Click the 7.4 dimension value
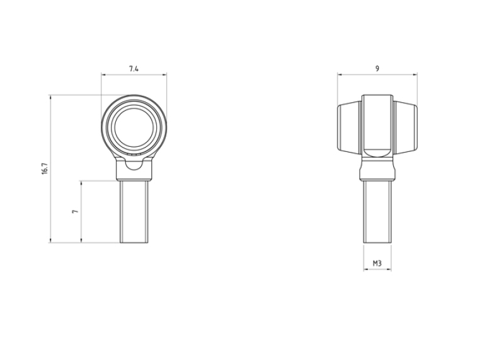click(x=134, y=69)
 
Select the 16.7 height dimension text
click(x=45, y=169)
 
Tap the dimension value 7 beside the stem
click(x=75, y=211)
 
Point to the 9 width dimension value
click(x=377, y=69)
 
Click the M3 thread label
click(x=377, y=264)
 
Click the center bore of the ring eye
click(x=134, y=127)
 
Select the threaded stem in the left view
click(x=134, y=212)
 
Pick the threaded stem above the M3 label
click(x=377, y=212)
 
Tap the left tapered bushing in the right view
click(x=350, y=128)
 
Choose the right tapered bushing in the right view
click(x=405, y=128)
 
